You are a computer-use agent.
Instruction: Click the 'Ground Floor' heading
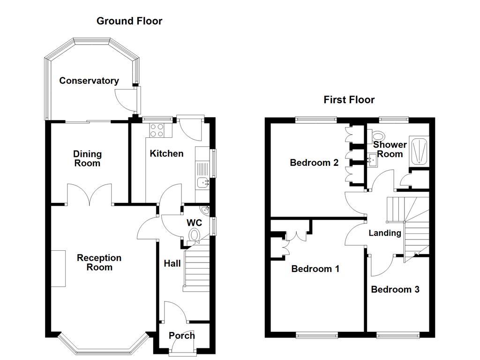tap(129, 21)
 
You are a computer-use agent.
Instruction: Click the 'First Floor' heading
tap(349, 100)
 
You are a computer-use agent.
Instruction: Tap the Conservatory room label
tap(89, 81)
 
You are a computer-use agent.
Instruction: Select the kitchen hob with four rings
tap(157, 130)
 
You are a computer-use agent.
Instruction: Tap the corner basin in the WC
tap(205, 210)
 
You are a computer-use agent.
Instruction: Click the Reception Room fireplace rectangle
tap(59, 268)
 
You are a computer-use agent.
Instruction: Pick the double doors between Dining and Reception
tap(90, 195)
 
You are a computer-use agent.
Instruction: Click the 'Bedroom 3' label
tap(395, 289)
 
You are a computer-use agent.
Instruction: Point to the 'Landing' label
tap(385, 233)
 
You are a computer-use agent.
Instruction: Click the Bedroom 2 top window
tap(316, 120)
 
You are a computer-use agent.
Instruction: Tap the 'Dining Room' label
tap(87, 158)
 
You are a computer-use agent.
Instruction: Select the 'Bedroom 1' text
tap(315, 269)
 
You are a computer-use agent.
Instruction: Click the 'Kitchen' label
tap(166, 153)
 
